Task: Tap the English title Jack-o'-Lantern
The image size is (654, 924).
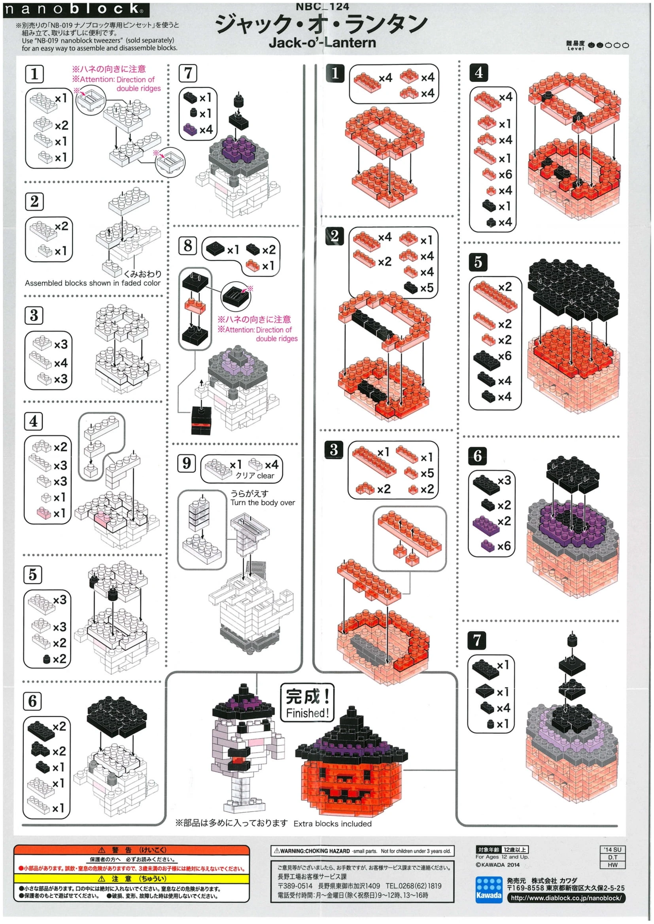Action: [323, 42]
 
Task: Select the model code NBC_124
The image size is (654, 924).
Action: [322, 6]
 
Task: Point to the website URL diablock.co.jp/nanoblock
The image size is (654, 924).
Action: [566, 898]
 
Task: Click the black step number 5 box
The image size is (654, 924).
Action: [478, 262]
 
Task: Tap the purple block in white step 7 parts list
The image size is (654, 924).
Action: [190, 129]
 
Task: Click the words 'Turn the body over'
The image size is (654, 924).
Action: [263, 502]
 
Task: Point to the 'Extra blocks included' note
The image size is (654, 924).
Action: [333, 824]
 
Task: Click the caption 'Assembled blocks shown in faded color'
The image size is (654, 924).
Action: [93, 283]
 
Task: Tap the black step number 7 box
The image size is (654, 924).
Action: [477, 640]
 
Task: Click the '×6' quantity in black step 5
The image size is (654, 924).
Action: [505, 356]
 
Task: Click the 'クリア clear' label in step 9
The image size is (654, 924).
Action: [255, 476]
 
